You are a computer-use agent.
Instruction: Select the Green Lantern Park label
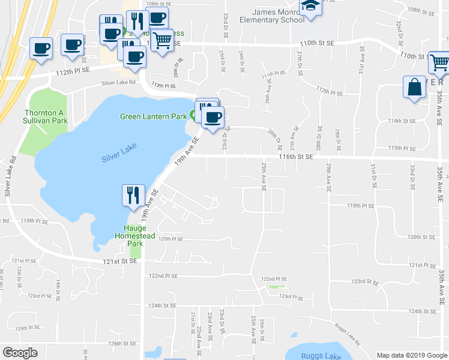(154, 116)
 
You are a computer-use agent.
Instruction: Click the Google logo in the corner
(20, 353)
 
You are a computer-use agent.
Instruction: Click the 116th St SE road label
(296, 157)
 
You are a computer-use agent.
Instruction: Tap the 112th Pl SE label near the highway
(73, 70)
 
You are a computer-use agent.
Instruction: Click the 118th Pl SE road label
(360, 205)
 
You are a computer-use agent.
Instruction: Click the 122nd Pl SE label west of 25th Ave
(163, 275)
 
